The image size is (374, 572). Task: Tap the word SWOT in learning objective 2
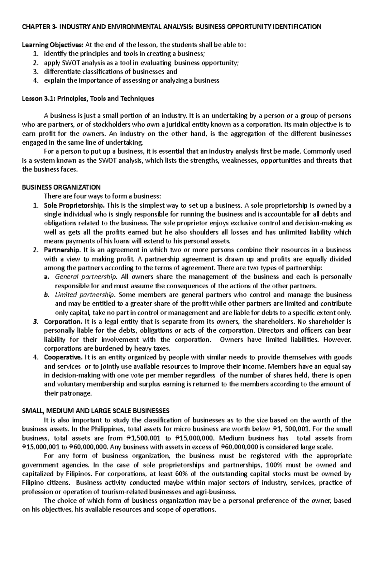coord(67,63)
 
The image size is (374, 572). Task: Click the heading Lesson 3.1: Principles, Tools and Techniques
coord(88,99)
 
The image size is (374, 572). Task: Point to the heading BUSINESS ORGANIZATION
coord(61,187)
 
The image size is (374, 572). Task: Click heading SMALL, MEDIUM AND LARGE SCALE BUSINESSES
coord(96,411)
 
